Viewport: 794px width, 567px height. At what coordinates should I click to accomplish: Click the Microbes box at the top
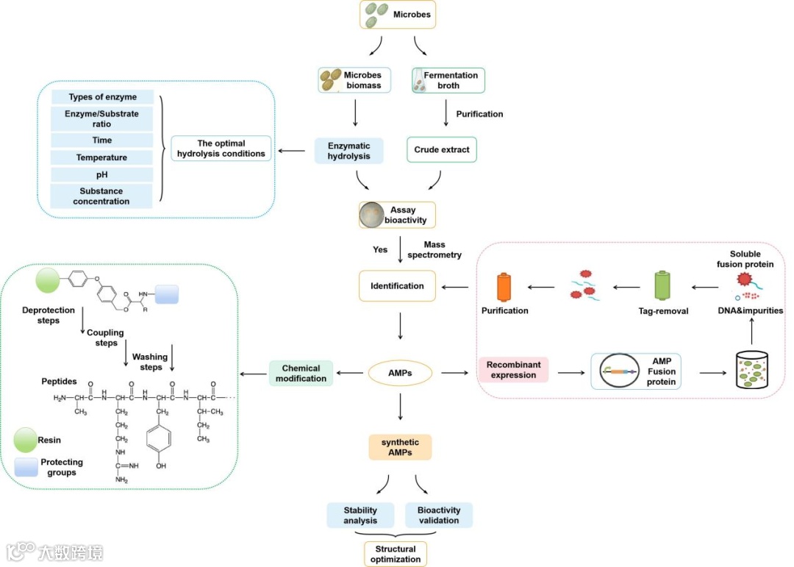398,14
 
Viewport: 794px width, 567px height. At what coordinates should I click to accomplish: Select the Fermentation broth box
448,80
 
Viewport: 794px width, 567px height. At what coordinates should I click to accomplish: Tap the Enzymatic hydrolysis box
351,150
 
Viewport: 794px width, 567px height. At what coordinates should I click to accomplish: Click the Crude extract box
441,150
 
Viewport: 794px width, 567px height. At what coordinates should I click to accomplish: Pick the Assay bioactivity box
397,215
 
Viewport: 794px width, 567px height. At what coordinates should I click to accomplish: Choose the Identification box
397,286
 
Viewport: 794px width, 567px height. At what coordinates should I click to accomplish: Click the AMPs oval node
399,374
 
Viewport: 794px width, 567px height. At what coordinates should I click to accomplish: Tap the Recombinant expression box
513,370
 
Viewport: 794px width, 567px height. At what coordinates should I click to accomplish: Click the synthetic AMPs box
400,447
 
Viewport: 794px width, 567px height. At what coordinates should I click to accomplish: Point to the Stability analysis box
360,516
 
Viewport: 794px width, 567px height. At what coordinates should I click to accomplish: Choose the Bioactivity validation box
438,516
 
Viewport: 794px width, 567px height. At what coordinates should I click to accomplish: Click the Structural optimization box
396,554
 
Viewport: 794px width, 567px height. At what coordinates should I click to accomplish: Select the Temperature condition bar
101,157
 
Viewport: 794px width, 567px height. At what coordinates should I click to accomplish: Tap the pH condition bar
101,175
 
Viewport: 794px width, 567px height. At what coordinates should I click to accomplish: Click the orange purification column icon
504,288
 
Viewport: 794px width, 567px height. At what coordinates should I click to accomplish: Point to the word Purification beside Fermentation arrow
479,114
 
